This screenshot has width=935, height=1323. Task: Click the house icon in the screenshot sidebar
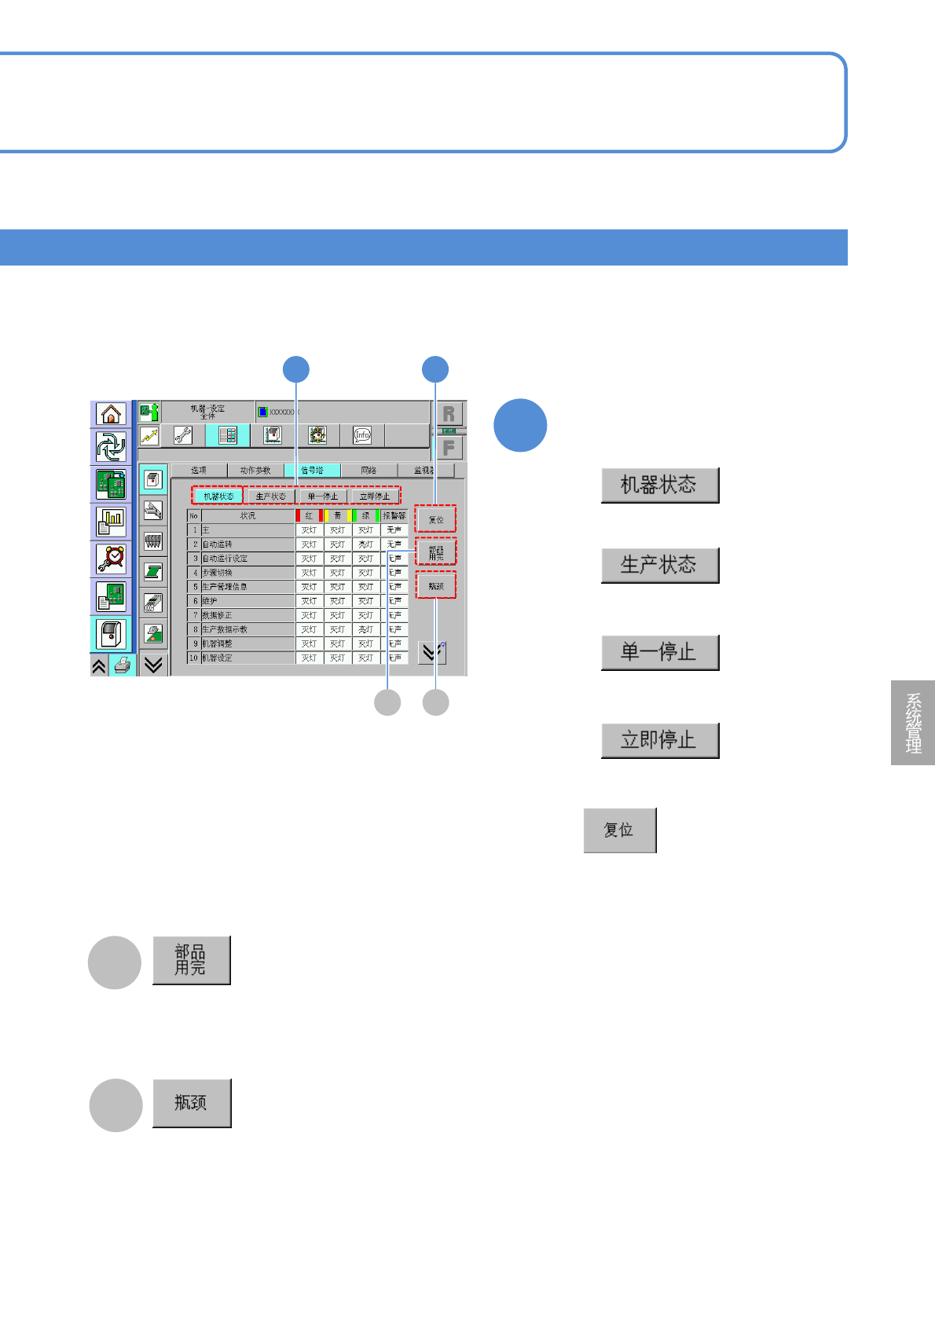click(x=111, y=414)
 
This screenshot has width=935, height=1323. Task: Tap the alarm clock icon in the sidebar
click(x=111, y=559)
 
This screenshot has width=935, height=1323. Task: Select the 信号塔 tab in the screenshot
click(x=312, y=471)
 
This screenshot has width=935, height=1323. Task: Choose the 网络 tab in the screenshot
click(x=368, y=471)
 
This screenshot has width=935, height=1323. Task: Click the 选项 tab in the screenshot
click(x=199, y=471)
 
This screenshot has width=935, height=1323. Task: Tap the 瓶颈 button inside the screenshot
click(x=436, y=586)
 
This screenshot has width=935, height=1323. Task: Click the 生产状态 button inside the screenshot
click(x=270, y=497)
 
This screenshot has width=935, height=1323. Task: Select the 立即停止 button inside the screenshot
click(x=374, y=497)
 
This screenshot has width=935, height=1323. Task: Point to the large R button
click(x=449, y=414)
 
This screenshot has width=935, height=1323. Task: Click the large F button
click(x=449, y=448)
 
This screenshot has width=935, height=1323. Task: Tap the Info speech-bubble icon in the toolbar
click(x=362, y=435)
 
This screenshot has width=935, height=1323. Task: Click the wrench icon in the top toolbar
click(x=183, y=435)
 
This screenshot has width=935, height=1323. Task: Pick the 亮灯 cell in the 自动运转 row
click(x=365, y=544)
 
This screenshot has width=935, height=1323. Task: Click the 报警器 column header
click(x=394, y=516)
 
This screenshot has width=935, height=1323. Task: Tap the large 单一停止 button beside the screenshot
click(x=659, y=652)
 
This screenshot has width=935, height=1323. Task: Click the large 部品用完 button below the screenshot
click(x=191, y=960)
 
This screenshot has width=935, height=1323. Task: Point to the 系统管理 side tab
click(x=913, y=723)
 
